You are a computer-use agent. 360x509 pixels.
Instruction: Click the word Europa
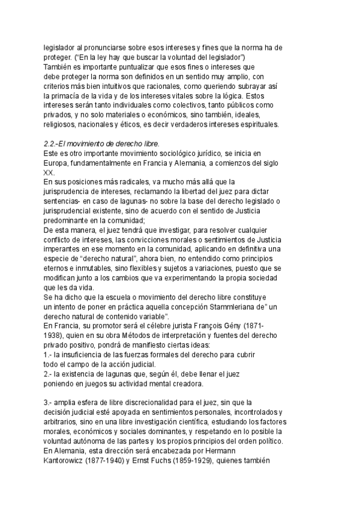56,163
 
